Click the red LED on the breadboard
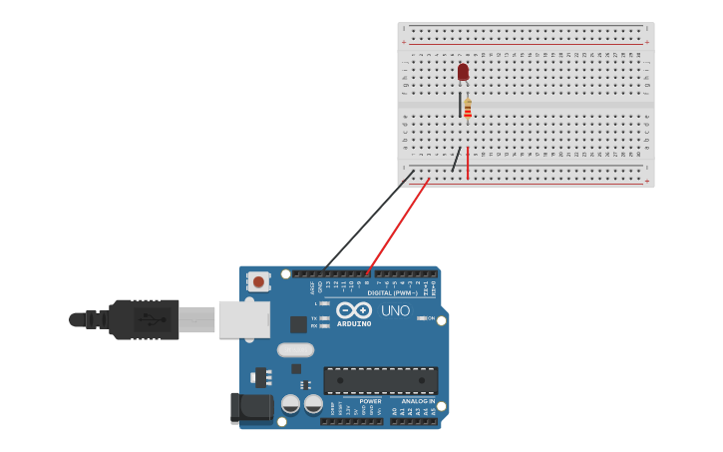pos(463,72)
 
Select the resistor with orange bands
pos(468,108)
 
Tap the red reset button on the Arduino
pos(258,281)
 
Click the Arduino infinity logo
pos(353,310)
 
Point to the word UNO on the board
pos(395,310)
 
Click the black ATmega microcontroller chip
pos(380,380)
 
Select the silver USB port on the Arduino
pos(244,319)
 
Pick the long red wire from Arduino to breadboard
pos(399,225)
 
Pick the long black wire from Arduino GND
pos(369,222)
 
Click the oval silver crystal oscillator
pos(295,349)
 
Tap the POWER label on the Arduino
pos(370,401)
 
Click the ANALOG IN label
pos(418,401)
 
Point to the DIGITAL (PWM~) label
pos(392,292)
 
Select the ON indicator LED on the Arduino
pos(422,318)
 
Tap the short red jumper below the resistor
pos(468,163)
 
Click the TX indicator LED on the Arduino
pos(324,318)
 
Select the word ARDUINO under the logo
pos(354,323)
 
